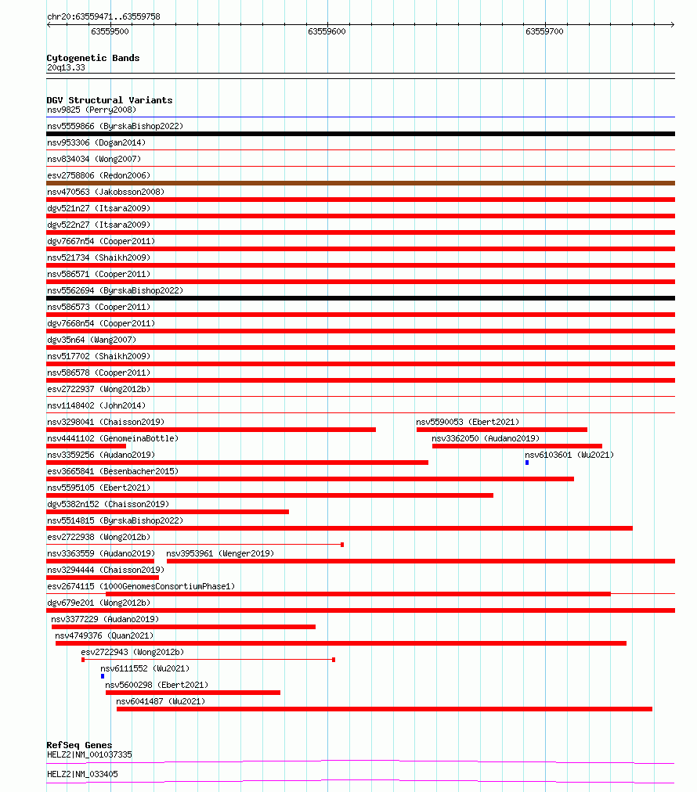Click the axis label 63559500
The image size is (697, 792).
110,31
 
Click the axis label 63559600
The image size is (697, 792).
327,31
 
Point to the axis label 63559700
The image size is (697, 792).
544,31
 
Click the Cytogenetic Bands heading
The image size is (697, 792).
93,58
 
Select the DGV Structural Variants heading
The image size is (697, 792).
110,100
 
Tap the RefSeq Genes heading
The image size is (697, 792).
79,745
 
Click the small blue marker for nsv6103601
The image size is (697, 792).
527,463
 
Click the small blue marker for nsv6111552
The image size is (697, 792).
103,676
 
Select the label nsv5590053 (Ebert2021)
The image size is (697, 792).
468,422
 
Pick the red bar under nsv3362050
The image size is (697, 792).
517,446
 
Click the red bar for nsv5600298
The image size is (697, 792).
193,693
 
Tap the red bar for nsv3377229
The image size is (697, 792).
183,627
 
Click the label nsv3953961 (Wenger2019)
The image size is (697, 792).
220,553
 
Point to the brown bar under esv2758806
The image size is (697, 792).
360,183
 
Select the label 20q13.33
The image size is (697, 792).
67,68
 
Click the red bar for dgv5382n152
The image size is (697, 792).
168,512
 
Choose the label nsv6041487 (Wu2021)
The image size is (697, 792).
161,701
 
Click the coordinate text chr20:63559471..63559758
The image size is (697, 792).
104,16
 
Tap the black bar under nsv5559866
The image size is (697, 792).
360,134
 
